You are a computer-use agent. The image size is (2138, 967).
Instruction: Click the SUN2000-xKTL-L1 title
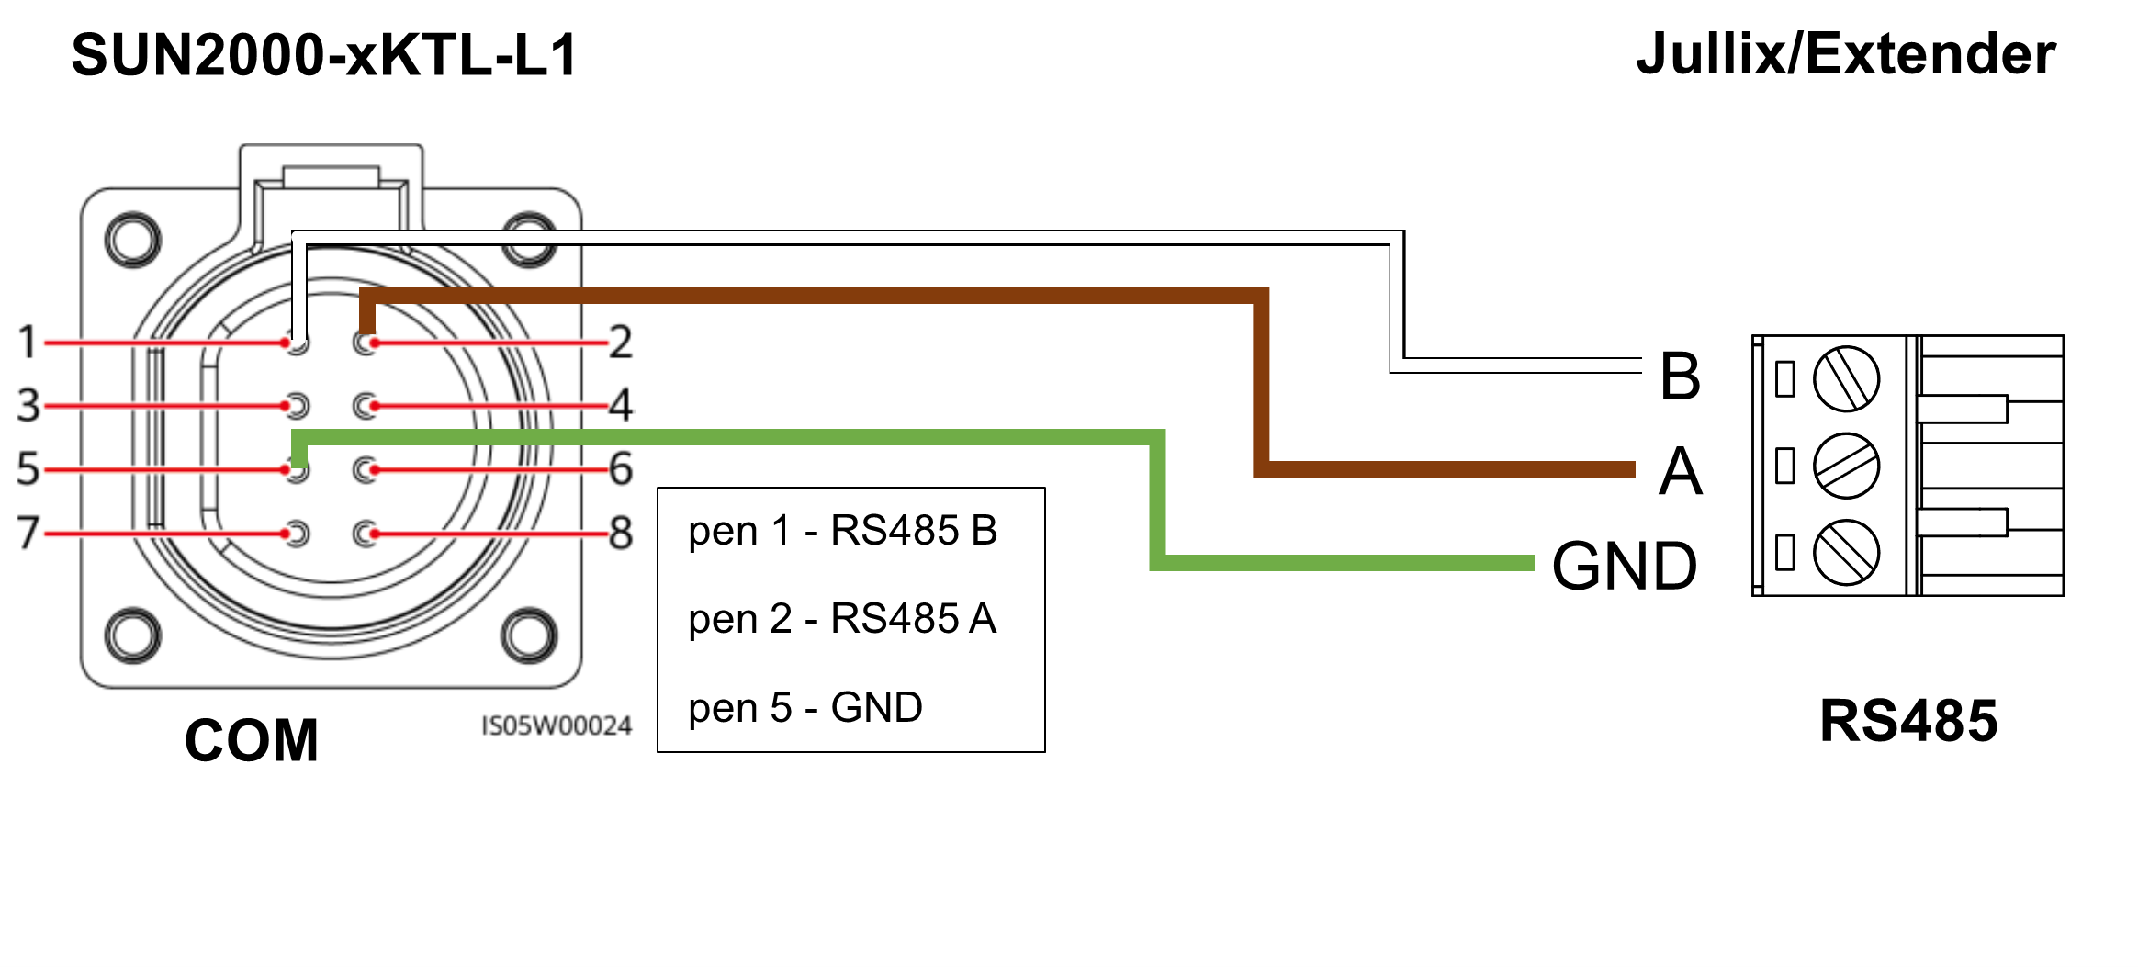point(324,55)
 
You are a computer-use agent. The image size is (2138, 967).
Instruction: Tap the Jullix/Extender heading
point(1846,54)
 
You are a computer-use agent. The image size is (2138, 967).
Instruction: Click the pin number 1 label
point(28,342)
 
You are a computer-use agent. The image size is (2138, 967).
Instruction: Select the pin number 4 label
point(622,405)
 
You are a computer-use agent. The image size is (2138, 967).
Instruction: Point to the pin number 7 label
point(28,532)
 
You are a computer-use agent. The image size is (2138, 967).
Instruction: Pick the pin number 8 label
point(621,533)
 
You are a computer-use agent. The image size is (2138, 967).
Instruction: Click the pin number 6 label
point(621,468)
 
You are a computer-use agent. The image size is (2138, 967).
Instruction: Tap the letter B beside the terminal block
point(1680,376)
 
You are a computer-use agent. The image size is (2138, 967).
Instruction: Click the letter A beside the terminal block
point(1680,471)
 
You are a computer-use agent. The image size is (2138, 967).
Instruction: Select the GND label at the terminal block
point(1624,566)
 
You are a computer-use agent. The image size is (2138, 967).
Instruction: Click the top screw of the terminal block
point(1846,378)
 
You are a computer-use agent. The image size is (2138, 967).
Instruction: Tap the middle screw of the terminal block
point(1846,466)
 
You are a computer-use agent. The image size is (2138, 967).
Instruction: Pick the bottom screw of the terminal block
point(1846,552)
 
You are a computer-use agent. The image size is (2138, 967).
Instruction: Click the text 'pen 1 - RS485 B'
point(842,531)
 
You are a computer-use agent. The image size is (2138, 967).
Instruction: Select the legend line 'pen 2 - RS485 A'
point(842,619)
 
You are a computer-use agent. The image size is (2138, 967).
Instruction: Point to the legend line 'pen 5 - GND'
point(805,708)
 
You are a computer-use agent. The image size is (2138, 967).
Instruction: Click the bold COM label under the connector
point(252,740)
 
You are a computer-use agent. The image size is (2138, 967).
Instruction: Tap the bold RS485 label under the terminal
point(1908,721)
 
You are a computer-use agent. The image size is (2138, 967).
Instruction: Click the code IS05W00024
point(557,726)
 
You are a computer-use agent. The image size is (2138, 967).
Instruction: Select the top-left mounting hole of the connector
point(133,240)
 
